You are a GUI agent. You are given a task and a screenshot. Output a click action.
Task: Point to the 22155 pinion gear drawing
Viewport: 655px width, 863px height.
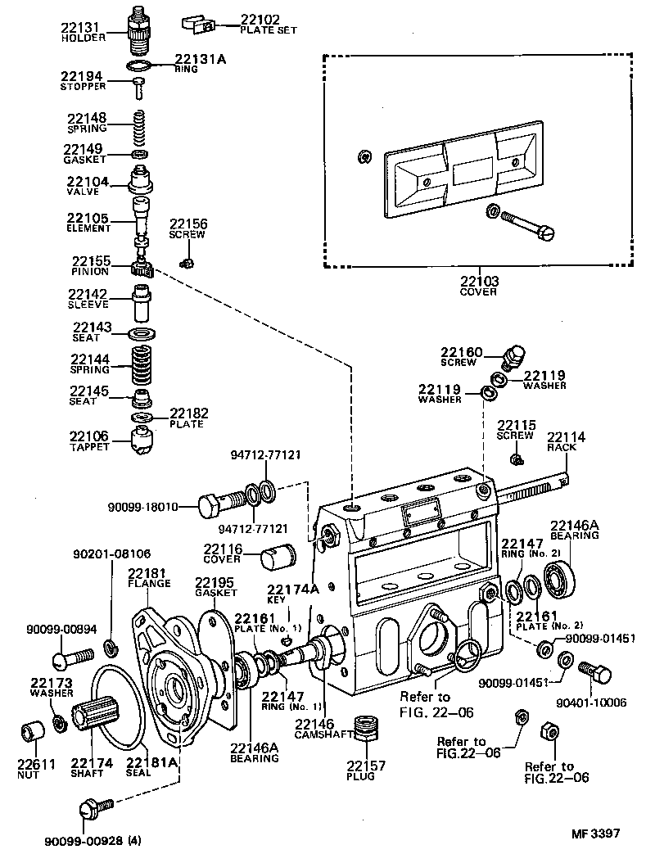point(142,266)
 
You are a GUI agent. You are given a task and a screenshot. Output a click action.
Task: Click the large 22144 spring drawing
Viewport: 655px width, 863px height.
point(143,365)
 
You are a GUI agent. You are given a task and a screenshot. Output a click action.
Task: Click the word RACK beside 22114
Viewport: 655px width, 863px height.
point(562,447)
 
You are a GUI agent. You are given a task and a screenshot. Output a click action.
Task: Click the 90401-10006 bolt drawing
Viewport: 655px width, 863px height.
point(595,672)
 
